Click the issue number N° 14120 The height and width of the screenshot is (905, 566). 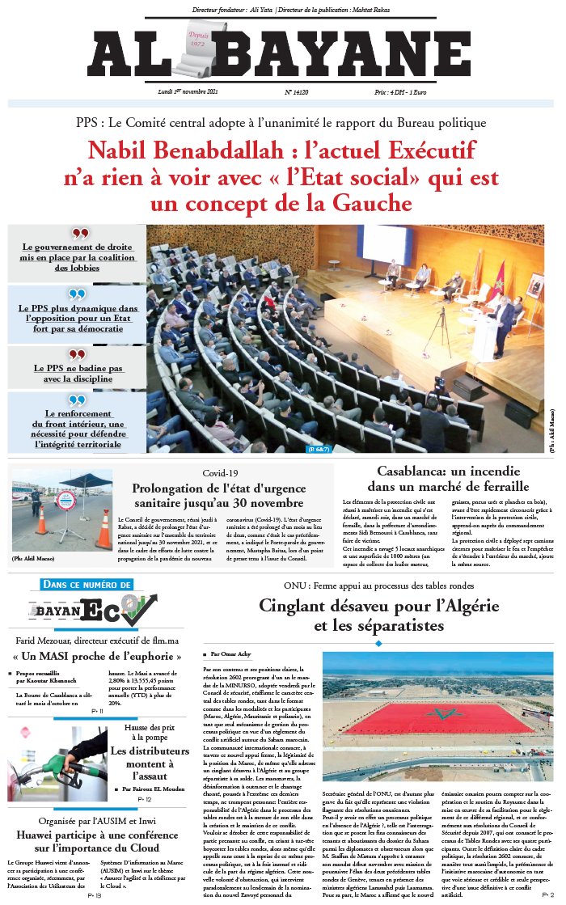point(300,93)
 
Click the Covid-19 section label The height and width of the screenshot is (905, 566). point(222,473)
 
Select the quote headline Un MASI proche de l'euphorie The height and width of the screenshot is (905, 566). point(95,656)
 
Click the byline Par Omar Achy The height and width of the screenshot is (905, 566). point(232,653)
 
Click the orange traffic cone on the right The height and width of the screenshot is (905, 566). point(103,528)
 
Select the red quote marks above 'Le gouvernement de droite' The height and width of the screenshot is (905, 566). point(78,234)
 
